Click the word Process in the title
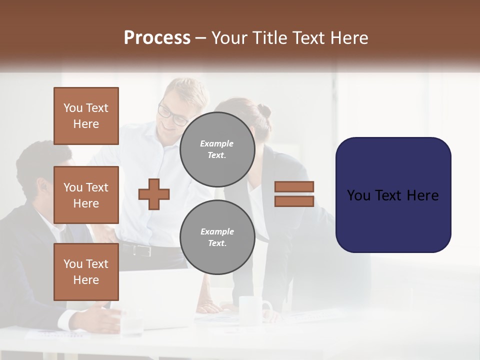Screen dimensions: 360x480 point(157,38)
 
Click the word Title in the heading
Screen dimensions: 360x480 point(270,38)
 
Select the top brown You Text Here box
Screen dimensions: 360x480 point(86,116)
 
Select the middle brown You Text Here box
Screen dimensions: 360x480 point(86,195)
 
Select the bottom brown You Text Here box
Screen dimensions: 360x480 point(86,271)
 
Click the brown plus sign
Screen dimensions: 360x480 point(154,194)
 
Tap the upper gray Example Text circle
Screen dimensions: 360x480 point(217,149)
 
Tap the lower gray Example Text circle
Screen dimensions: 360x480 point(217,237)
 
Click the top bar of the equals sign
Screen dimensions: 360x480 point(294,186)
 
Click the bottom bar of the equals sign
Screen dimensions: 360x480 point(294,201)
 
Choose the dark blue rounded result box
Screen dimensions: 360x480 point(393,195)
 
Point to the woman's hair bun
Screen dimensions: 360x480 point(264,110)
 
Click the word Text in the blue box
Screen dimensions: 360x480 point(392,195)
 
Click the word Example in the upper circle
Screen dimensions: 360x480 point(217,143)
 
